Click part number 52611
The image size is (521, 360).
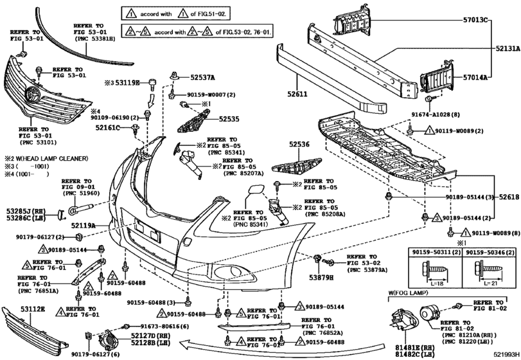[297, 94]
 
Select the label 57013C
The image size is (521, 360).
[475, 20]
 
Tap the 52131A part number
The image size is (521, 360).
[508, 48]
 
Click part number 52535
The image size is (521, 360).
[229, 119]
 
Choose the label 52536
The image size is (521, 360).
[299, 144]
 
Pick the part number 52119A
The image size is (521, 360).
[83, 225]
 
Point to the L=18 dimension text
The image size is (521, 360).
[439, 283]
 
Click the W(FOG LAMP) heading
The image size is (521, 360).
[408, 293]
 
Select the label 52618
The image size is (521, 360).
[509, 197]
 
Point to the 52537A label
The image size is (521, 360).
[202, 77]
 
